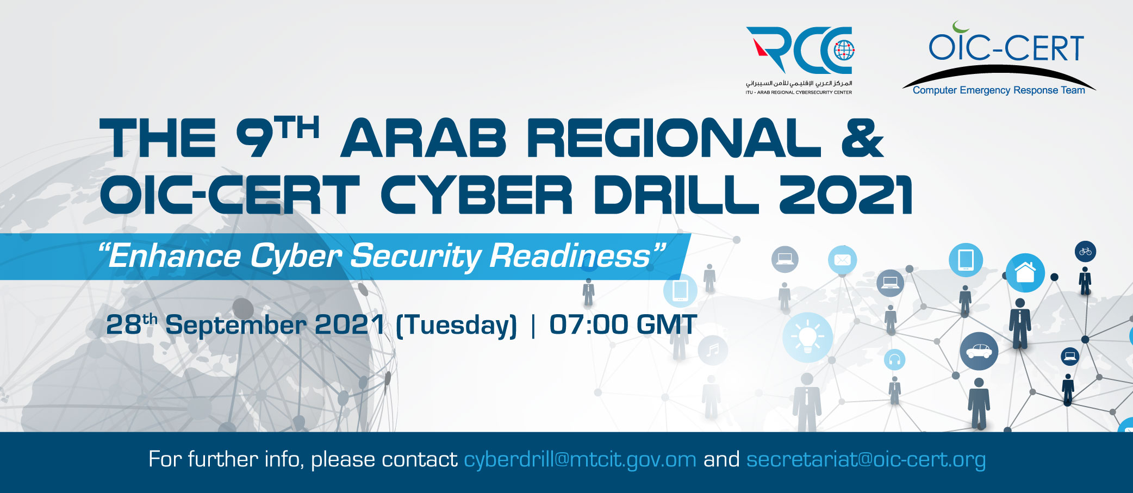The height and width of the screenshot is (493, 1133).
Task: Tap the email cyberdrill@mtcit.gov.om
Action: coord(580,460)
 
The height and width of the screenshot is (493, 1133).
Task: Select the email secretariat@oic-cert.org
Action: coord(866,460)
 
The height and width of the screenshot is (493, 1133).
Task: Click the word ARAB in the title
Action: coord(424,139)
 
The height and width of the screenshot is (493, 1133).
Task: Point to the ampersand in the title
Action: coord(862,139)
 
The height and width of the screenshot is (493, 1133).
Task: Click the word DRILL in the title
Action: coord(676,195)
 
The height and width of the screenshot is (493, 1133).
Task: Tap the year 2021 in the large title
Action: coord(845,195)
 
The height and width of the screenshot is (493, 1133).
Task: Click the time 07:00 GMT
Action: coord(623,324)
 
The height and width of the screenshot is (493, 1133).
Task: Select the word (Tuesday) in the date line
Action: coord(456,326)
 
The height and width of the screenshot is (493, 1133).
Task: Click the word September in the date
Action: coord(236,326)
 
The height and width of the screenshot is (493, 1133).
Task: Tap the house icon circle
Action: coord(1025,273)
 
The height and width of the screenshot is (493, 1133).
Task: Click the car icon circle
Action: coord(979,351)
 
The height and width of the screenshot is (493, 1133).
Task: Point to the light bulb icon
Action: coord(808,337)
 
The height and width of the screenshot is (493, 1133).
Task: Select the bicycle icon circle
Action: coord(1086,252)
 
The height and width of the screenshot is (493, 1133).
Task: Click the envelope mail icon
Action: coord(843,260)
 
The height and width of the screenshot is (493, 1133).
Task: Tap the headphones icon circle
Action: coord(895,359)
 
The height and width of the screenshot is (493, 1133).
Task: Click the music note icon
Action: coord(713,350)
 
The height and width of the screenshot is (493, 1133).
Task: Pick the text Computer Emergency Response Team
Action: coord(999,90)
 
